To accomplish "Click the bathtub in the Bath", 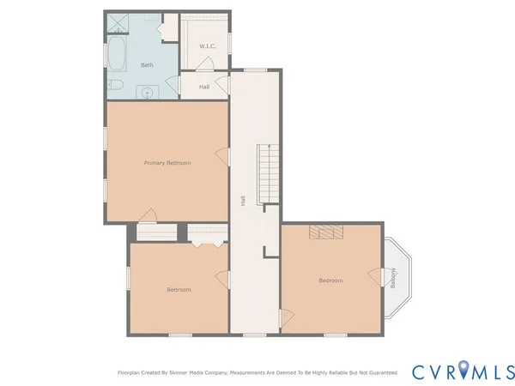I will [x=118, y=54].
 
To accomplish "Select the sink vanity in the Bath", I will [x=148, y=92].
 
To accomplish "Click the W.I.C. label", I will [x=208, y=45].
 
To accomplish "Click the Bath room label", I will [x=148, y=65].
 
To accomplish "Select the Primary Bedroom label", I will [x=167, y=163].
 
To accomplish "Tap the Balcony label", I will [x=393, y=278].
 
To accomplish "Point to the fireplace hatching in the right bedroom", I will [x=325, y=232].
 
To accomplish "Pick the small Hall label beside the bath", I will [x=204, y=87].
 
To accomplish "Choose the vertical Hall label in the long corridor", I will [x=244, y=199].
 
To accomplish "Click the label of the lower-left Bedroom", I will [x=179, y=289].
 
